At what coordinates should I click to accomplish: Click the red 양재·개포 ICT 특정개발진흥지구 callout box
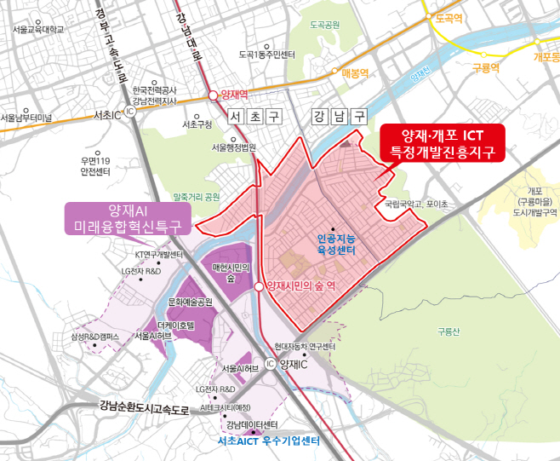[442, 143]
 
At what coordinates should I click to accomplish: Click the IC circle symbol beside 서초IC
[130, 112]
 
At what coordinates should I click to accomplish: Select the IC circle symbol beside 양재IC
[270, 364]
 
